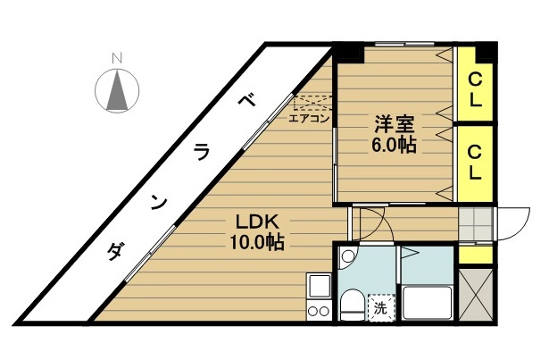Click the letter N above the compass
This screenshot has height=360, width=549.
(116, 58)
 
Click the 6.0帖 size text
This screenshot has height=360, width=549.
(390, 146)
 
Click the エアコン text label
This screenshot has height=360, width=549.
(310, 116)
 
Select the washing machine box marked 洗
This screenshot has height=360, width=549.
(381, 308)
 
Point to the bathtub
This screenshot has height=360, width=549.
(427, 303)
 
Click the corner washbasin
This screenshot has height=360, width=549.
(349, 258)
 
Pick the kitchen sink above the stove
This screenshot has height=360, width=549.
(317, 287)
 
